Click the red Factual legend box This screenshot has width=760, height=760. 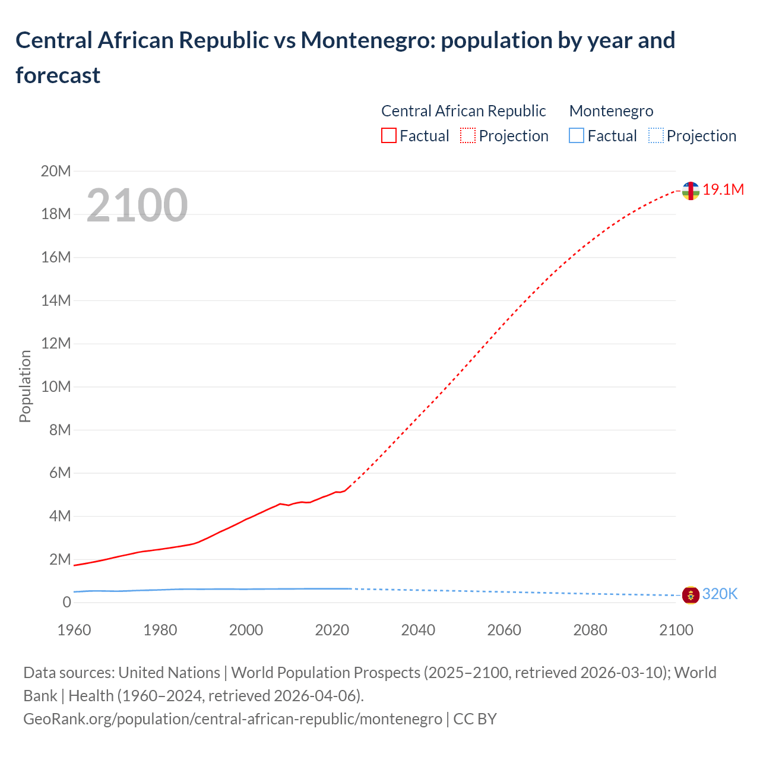click(x=389, y=135)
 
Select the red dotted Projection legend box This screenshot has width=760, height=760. click(x=468, y=135)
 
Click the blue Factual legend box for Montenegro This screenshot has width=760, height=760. click(x=577, y=135)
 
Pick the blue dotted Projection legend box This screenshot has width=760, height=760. click(x=655, y=135)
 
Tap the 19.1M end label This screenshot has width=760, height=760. click(x=723, y=189)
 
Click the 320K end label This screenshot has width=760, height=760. click(x=720, y=594)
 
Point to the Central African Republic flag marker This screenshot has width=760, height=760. click(x=691, y=191)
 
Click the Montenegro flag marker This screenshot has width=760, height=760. click(x=691, y=594)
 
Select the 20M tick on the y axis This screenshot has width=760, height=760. click(x=56, y=171)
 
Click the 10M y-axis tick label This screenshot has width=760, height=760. click(x=56, y=387)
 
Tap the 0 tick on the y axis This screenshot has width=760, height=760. click(x=66, y=602)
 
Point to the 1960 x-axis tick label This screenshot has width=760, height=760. click(x=74, y=630)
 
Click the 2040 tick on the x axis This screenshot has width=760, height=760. click(x=418, y=630)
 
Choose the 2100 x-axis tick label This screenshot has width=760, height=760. click(x=676, y=630)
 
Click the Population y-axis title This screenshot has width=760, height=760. click(x=25, y=386)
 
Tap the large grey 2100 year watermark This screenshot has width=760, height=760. click(x=137, y=205)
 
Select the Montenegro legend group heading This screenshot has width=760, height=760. click(x=611, y=111)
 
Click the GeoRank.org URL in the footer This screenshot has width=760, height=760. click(x=233, y=718)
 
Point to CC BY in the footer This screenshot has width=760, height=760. click(x=475, y=718)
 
